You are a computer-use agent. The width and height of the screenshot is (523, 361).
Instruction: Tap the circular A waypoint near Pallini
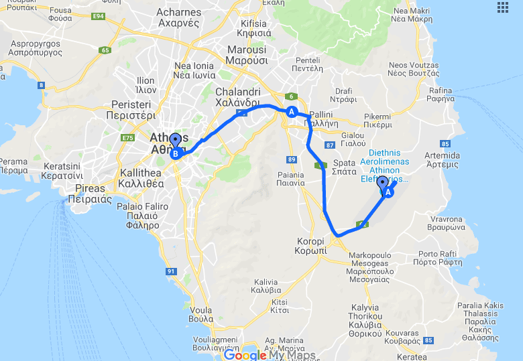coord(292,113)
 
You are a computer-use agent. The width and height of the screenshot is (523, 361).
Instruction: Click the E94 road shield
coord(99,15)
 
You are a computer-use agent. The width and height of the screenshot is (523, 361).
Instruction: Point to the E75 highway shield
coord(127,138)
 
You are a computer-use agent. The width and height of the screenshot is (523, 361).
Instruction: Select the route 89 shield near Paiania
coord(291,159)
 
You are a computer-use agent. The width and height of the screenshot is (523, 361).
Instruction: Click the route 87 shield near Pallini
coord(329,145)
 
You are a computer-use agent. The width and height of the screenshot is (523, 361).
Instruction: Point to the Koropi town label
coord(311,246)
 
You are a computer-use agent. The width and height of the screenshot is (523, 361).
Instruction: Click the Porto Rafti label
coord(437,258)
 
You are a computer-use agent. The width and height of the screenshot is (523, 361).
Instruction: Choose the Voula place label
coord(201,315)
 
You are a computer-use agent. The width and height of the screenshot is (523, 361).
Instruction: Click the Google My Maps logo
coord(270,355)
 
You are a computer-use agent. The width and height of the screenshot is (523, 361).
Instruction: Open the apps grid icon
coord(503,7)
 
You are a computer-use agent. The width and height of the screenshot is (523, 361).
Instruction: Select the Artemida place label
coord(442,159)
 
